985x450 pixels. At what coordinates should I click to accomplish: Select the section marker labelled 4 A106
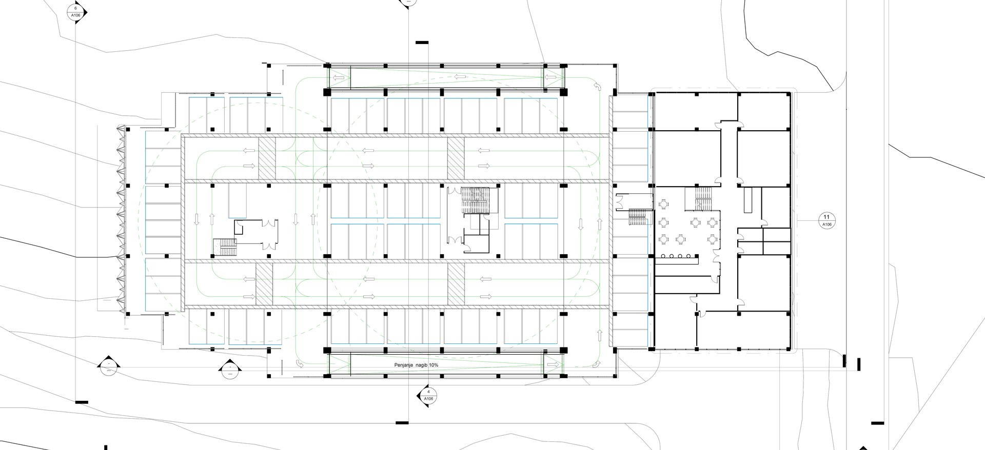[428, 395]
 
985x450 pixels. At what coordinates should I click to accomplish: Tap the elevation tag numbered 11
[826, 220]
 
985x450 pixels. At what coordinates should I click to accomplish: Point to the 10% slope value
[433, 365]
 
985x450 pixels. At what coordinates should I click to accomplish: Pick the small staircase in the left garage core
[224, 247]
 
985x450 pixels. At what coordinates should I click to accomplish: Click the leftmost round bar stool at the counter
[663, 256]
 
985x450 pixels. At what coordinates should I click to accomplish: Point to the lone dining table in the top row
[663, 204]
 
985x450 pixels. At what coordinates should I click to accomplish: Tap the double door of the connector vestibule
[620, 200]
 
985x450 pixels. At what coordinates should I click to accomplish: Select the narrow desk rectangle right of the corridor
[748, 200]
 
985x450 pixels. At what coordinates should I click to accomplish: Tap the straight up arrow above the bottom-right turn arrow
[598, 335]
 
